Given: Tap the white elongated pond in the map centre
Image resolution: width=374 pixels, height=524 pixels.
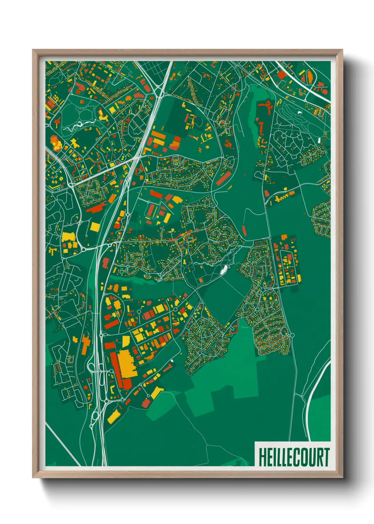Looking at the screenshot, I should click(223, 270).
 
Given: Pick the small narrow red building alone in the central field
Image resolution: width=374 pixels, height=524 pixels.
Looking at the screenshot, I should click(244, 230).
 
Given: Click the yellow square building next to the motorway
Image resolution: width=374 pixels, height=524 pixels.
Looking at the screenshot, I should click(95, 227).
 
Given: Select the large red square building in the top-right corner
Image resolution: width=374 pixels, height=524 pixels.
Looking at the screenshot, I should click(281, 75).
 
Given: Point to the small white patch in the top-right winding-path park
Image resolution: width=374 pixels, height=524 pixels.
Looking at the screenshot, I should click(300, 113).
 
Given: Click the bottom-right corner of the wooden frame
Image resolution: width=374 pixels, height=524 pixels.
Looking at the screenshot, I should click(342, 477).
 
